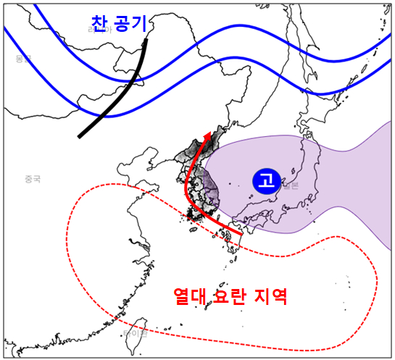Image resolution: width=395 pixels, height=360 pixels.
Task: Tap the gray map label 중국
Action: point(32,178)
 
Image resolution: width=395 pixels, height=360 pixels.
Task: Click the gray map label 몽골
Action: point(24,59)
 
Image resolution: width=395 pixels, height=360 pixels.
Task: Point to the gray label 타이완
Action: point(136,334)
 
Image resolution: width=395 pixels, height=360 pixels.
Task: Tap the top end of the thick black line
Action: point(146,41)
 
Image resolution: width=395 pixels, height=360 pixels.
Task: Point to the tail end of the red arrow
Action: point(241,234)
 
